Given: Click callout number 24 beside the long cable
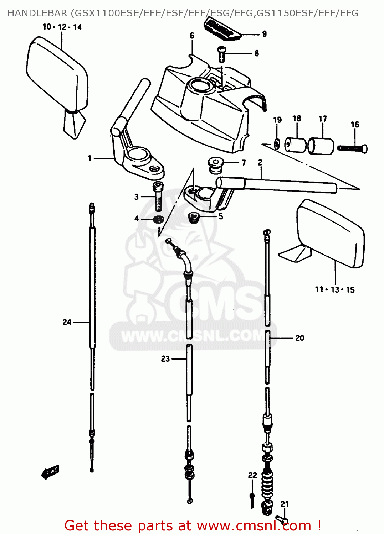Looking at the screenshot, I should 67,322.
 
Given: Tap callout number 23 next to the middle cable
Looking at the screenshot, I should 165,359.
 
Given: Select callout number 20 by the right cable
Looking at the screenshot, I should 300,338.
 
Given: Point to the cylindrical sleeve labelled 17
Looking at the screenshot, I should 321,146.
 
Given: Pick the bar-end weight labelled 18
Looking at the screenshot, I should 296,145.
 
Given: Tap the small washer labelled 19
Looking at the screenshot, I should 277,144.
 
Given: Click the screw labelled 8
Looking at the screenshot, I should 222,54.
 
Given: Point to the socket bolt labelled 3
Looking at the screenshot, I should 158,196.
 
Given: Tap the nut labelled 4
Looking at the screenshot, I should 158,219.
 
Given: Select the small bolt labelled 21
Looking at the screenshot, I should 282,521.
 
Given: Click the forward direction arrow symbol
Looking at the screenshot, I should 50,472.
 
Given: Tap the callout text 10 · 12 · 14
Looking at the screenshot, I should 62,27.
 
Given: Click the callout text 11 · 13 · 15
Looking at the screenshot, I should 335,290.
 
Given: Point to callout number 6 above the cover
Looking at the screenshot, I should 192,36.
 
